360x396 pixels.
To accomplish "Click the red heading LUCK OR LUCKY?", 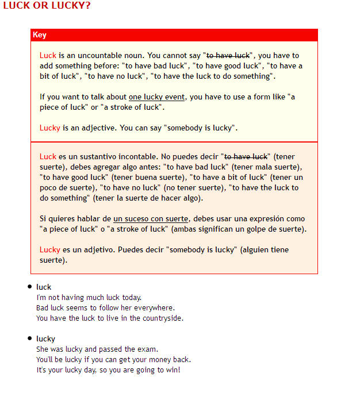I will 47,6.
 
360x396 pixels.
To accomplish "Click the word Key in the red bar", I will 40,35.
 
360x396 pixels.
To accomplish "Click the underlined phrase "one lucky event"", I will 156,97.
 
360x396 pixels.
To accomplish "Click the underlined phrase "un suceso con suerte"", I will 151,219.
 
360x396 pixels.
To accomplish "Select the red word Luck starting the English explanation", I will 48,56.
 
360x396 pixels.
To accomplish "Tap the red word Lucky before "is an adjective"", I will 49,128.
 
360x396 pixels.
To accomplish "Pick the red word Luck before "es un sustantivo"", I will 48,157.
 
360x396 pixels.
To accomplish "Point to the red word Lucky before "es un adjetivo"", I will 49,250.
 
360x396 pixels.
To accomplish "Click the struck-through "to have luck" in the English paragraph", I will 228,56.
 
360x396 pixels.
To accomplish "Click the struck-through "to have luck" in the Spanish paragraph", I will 246,157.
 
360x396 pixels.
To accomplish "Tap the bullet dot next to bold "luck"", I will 30,287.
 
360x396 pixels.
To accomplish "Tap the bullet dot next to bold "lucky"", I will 30,339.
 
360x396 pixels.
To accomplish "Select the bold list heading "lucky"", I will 45,339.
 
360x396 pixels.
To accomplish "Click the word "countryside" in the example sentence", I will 163,318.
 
